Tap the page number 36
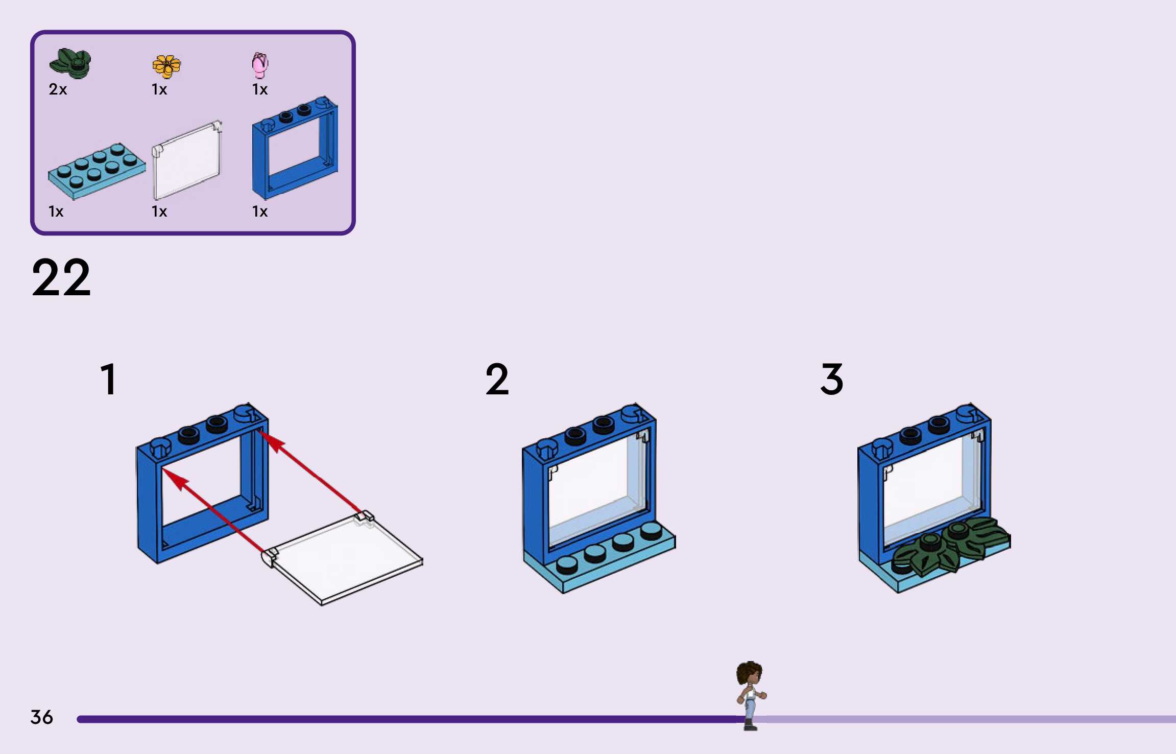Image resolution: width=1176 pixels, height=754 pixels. pyautogui.click(x=42, y=717)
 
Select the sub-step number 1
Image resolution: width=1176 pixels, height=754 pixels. pyautogui.click(x=109, y=379)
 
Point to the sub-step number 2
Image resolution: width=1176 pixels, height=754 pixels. pyautogui.click(x=497, y=379)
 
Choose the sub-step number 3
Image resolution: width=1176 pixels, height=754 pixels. pyautogui.click(x=832, y=379)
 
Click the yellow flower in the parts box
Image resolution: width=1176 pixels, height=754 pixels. pyautogui.click(x=166, y=66)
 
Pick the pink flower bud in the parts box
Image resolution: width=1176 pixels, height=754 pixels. pyautogui.click(x=260, y=65)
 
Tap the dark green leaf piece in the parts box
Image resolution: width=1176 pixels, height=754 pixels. pyautogui.click(x=70, y=63)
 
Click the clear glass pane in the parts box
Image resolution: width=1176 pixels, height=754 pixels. pyautogui.click(x=187, y=160)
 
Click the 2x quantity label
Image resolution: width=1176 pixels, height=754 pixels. pyautogui.click(x=58, y=89)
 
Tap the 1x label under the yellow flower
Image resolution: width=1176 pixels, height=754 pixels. pyautogui.click(x=159, y=89)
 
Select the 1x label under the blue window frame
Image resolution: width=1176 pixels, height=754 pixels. pyautogui.click(x=260, y=211)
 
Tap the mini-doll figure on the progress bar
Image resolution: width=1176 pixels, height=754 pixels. pyautogui.click(x=750, y=695)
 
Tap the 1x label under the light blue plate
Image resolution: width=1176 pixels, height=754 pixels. pyautogui.click(x=56, y=211)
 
